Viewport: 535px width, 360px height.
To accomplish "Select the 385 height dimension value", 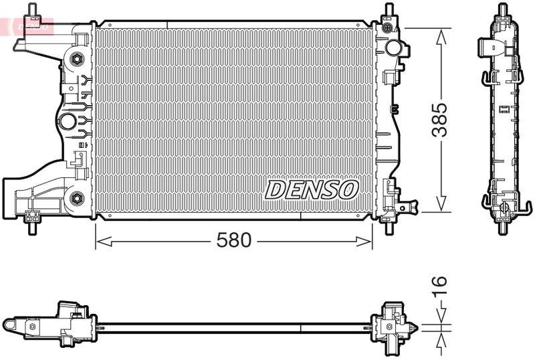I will (439, 120).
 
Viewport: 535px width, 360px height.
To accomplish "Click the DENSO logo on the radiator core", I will (312, 189).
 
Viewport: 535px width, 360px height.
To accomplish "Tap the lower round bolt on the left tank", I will (76, 198).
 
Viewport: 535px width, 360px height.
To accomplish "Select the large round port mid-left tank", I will (68, 122).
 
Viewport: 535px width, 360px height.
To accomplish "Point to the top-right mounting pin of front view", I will (388, 12).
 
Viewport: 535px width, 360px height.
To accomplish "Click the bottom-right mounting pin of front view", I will (389, 226).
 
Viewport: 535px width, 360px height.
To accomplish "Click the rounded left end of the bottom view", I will (9, 325).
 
